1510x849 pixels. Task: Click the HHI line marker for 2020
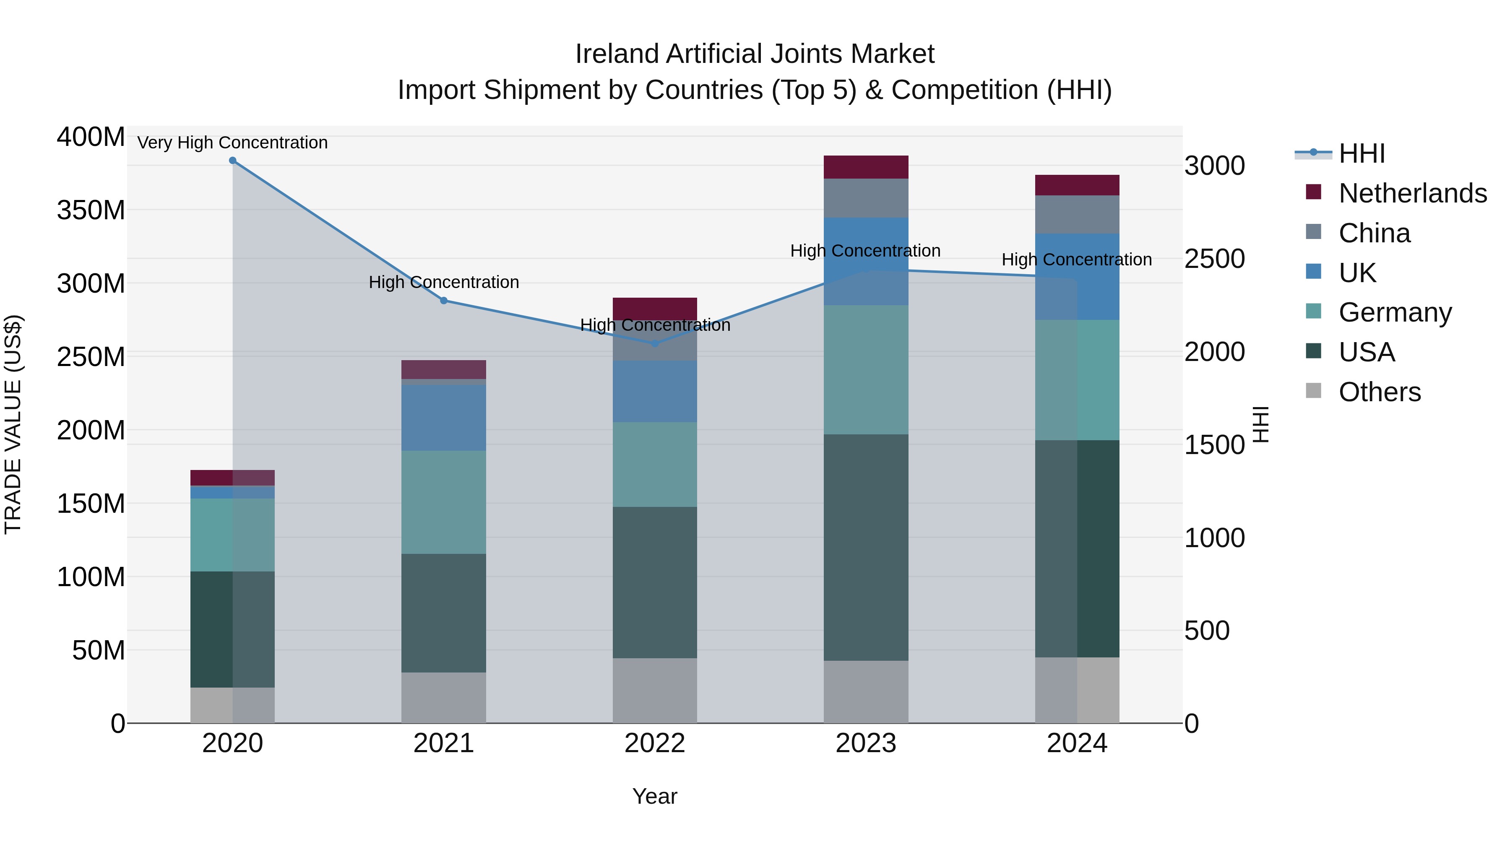tap(233, 161)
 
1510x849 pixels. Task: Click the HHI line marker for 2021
tap(444, 301)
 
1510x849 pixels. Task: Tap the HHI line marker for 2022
tap(655, 343)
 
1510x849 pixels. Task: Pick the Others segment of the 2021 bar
tap(444, 697)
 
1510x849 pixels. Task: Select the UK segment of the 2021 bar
tap(444, 417)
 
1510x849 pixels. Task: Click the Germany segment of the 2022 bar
tap(655, 464)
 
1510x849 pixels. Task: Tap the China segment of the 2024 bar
tap(1077, 214)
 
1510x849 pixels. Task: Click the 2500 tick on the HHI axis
tap(1215, 259)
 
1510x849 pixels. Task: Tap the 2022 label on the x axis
tap(655, 743)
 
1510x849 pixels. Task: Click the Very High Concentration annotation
tap(233, 143)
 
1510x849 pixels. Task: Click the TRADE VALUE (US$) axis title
tap(13, 424)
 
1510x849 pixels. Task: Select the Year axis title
tap(655, 796)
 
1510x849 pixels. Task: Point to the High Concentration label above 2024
tap(1076, 260)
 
